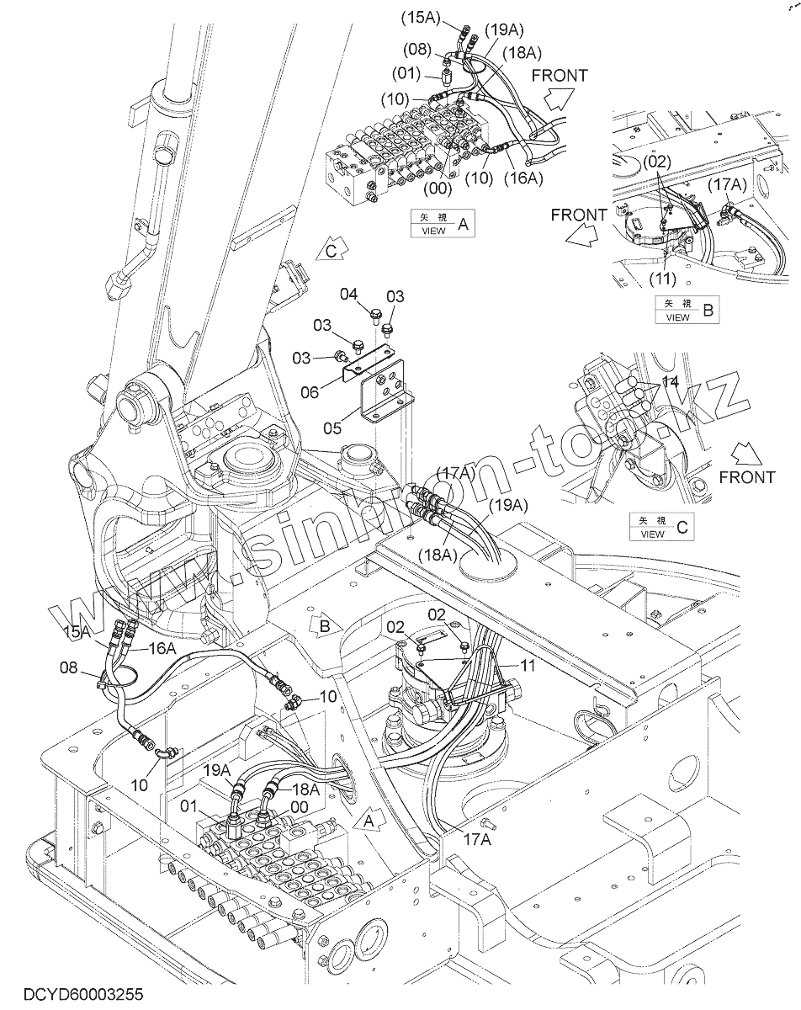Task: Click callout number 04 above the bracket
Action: [x=349, y=294]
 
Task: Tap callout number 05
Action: [x=332, y=428]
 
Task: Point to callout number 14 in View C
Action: [x=669, y=382]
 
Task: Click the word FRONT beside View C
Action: [x=747, y=477]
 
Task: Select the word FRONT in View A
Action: [x=560, y=75]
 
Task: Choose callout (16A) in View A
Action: [x=523, y=178]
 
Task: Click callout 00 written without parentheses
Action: [x=299, y=805]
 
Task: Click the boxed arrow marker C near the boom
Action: [x=331, y=250]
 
